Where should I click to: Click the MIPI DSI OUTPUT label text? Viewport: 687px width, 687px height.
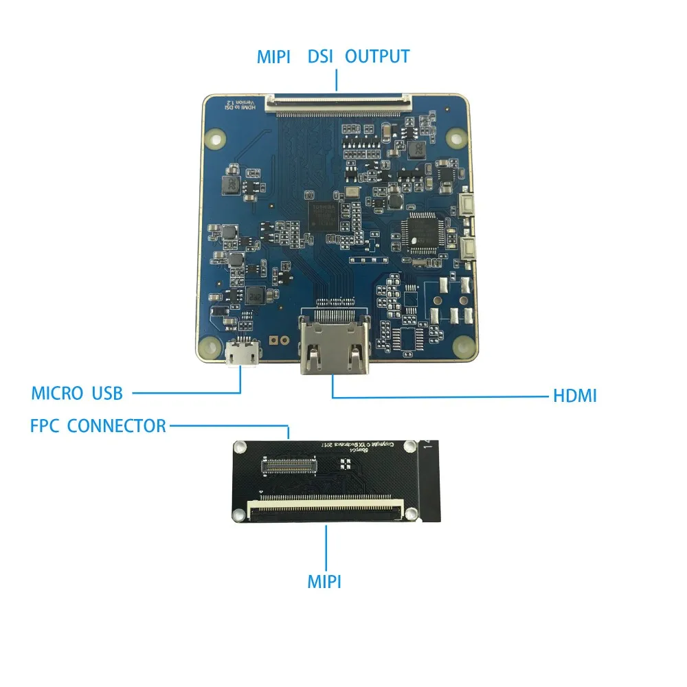[x=333, y=56]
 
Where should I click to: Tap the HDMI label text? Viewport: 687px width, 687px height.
[x=574, y=396]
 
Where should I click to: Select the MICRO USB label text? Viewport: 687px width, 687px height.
[x=77, y=393]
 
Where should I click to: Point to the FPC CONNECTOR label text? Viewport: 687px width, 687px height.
[x=98, y=425]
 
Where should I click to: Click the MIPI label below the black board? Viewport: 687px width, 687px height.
[x=324, y=582]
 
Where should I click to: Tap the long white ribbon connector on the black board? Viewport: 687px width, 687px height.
[x=326, y=510]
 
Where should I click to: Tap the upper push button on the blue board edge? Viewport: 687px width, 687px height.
[x=469, y=203]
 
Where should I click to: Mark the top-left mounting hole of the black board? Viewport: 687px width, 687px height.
[x=238, y=448]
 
